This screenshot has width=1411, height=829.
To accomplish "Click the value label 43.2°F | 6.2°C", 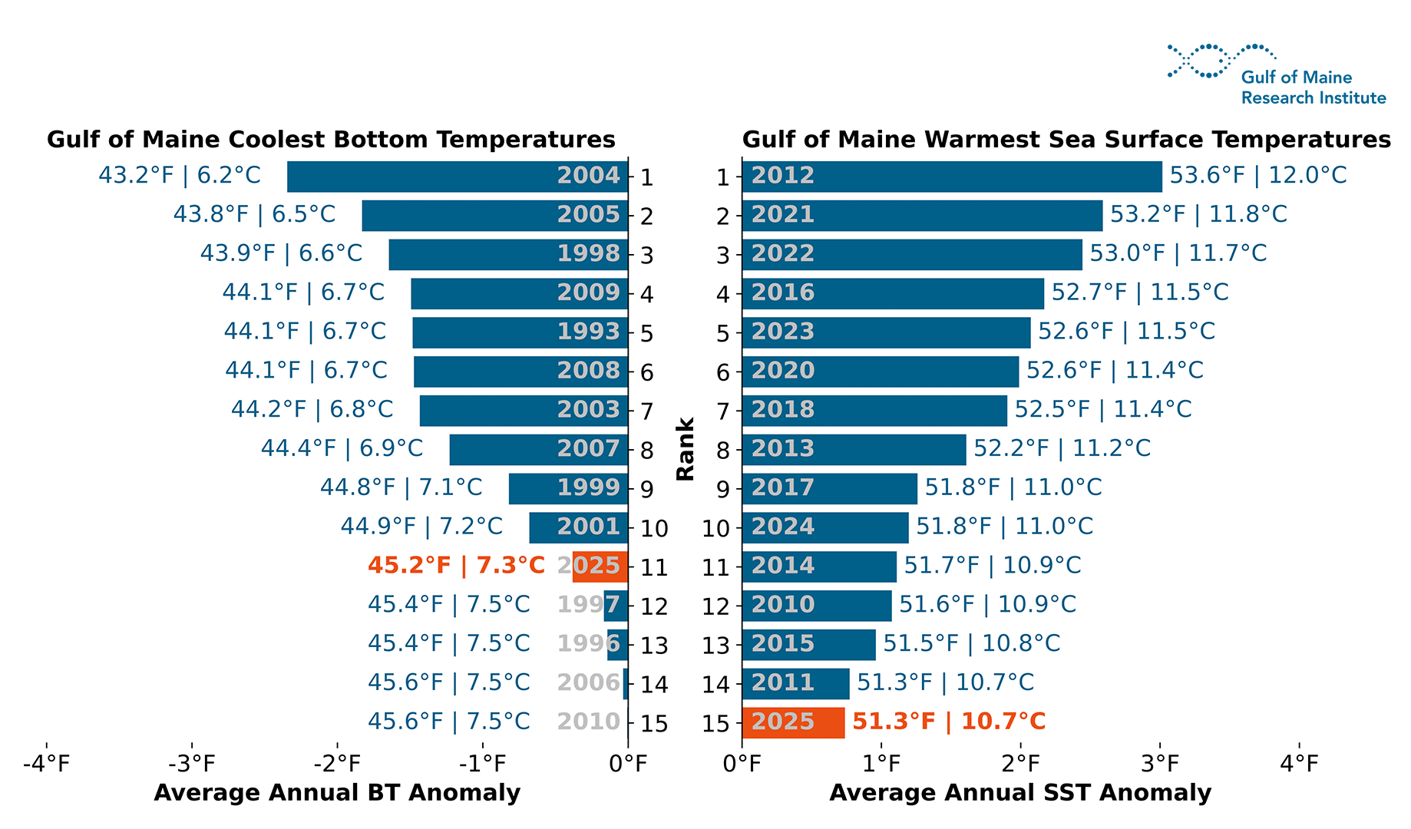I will click(180, 175).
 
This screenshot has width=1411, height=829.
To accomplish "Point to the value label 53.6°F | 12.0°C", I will click(1257, 175).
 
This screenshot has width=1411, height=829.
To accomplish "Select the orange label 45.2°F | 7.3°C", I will click(456, 566).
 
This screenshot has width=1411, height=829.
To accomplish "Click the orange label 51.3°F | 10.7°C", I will click(949, 722).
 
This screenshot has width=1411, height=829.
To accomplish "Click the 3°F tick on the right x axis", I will click(1160, 764).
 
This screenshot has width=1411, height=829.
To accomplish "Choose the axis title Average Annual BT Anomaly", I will click(337, 793).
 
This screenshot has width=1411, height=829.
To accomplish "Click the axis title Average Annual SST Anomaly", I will click(1020, 793).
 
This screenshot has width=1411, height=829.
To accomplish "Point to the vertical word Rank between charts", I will click(685, 449).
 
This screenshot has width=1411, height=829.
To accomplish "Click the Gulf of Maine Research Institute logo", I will click(1276, 75).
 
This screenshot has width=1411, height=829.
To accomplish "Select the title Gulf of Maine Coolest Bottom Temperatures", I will click(331, 140).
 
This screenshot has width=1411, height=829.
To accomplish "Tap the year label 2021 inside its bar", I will click(782, 214).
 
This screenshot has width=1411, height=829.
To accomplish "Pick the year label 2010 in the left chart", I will click(588, 722).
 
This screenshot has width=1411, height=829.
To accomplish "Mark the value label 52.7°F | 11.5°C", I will click(1140, 292).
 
